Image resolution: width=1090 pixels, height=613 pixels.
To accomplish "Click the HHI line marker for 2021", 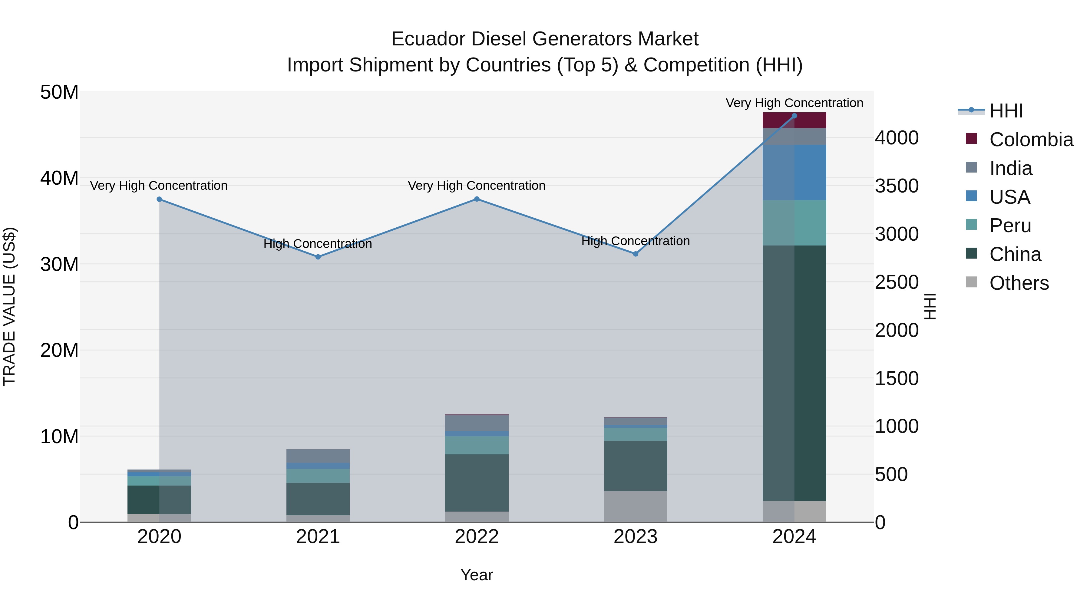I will point(318,257).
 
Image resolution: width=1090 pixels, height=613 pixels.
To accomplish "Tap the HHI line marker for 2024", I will point(794,116).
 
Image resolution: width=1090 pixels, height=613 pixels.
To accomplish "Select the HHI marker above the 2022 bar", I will point(477,199).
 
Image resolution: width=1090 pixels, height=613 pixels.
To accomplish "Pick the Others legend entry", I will point(1019,283).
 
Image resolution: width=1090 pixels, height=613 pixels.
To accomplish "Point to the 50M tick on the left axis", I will point(59,92).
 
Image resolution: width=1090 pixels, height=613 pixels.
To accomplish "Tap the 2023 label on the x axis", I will point(635,537).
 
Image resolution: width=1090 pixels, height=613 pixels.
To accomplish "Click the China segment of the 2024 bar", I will point(794,372).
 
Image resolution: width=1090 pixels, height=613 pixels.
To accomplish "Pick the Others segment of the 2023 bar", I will point(635,506).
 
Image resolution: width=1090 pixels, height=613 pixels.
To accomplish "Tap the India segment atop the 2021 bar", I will point(318,456).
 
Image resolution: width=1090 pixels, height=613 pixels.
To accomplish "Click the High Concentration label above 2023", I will point(635,241).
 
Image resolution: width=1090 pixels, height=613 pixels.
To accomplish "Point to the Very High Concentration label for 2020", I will point(159,186).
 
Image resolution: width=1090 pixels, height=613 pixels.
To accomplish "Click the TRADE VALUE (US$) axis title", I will point(9,306).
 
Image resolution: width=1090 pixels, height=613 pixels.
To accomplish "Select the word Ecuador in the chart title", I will point(428,39).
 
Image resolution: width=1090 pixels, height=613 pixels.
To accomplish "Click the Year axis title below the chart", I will point(477,575).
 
